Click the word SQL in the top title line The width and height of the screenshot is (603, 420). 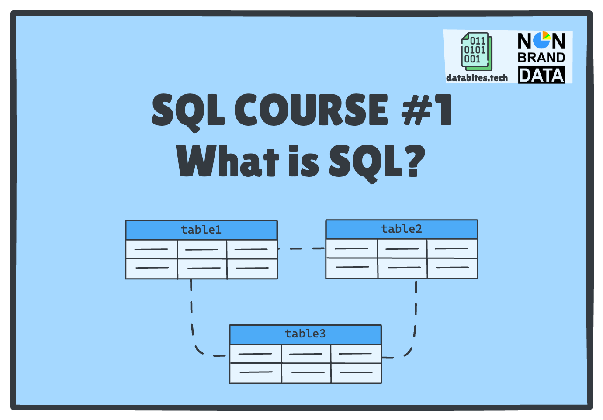188,110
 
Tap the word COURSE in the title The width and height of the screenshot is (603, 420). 311,110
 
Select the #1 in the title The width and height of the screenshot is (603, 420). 426,110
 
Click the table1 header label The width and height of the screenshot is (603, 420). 201,230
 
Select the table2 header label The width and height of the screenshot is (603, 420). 401,229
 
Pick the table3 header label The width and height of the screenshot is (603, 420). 305,334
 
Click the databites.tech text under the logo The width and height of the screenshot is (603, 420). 477,78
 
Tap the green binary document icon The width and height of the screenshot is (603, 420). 476,52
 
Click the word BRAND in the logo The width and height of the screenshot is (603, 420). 541,58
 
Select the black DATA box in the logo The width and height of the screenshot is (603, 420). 541,75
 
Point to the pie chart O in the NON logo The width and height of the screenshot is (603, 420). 542,40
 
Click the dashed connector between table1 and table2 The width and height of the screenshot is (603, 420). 301,248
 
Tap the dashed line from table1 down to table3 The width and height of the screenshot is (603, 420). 192,319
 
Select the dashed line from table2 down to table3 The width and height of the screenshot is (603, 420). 415,319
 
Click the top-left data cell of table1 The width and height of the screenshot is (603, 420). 151,249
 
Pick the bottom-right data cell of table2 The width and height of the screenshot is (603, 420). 452,268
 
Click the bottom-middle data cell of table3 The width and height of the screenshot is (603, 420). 306,373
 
